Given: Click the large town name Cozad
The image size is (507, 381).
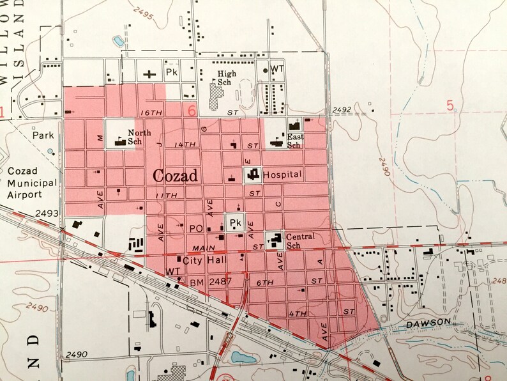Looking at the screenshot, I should tap(176, 176).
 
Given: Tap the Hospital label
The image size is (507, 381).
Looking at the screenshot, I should tap(282, 174).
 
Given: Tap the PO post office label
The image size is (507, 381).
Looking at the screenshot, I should tap(195, 228).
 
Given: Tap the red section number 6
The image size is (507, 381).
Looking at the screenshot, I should tap(191, 110).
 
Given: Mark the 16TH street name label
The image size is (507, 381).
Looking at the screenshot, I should tap(153, 112).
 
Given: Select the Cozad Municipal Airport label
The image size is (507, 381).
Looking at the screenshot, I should tap(33, 183).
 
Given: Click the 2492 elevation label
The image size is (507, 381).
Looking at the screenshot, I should tap(342, 110).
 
